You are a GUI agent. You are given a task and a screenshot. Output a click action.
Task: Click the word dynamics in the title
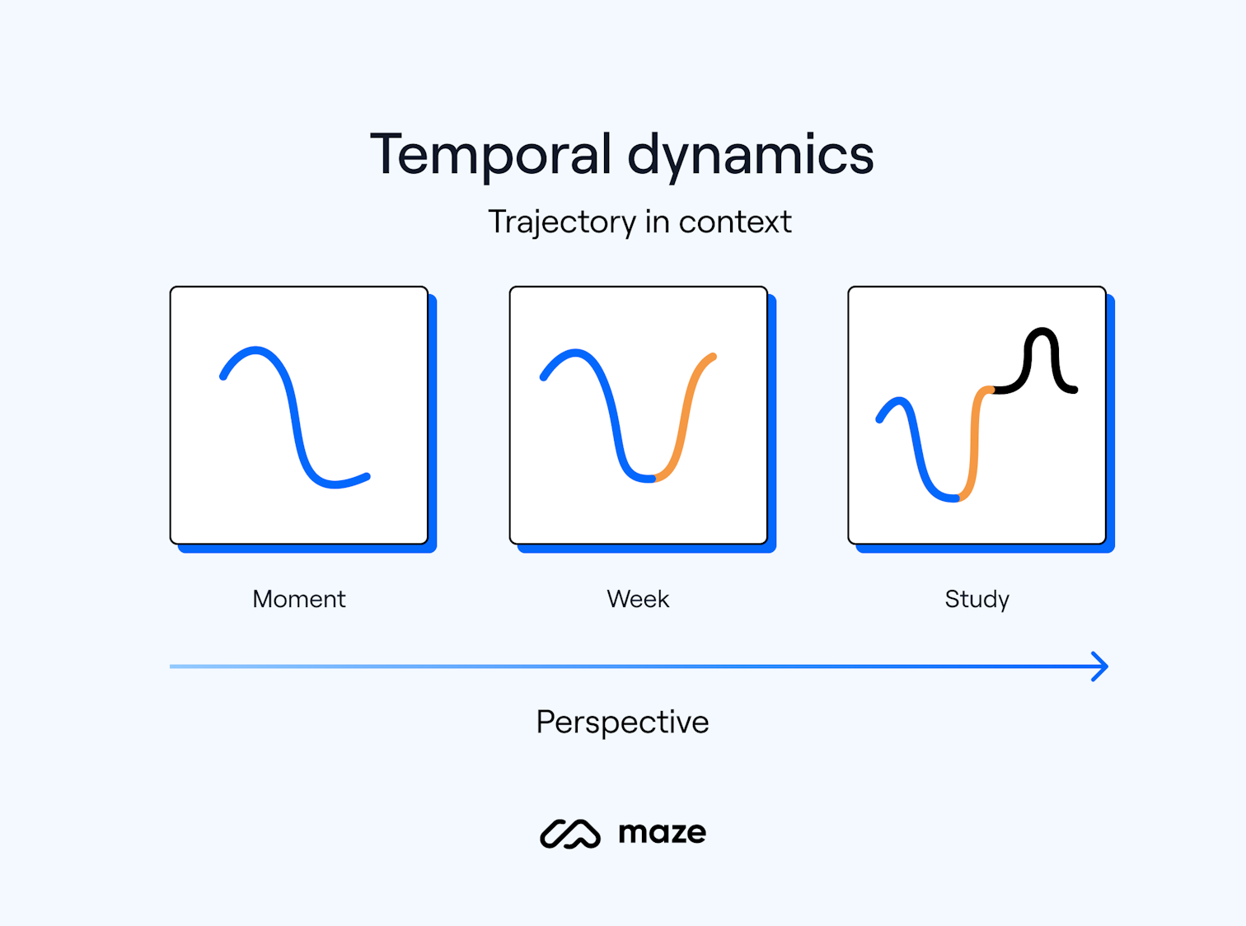tap(750, 155)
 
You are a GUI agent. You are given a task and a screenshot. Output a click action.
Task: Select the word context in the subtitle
tap(734, 222)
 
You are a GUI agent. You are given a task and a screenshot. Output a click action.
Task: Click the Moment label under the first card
tap(299, 599)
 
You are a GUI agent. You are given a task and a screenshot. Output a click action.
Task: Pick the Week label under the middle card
tap(638, 599)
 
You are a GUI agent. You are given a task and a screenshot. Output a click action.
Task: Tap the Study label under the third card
tap(977, 599)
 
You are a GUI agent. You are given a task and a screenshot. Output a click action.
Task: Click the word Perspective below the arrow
tap(622, 722)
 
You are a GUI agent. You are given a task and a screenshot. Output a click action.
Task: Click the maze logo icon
tap(569, 834)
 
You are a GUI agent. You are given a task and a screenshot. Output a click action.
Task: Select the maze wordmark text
tap(662, 833)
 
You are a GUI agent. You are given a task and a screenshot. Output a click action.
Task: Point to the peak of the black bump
tap(1042, 331)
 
